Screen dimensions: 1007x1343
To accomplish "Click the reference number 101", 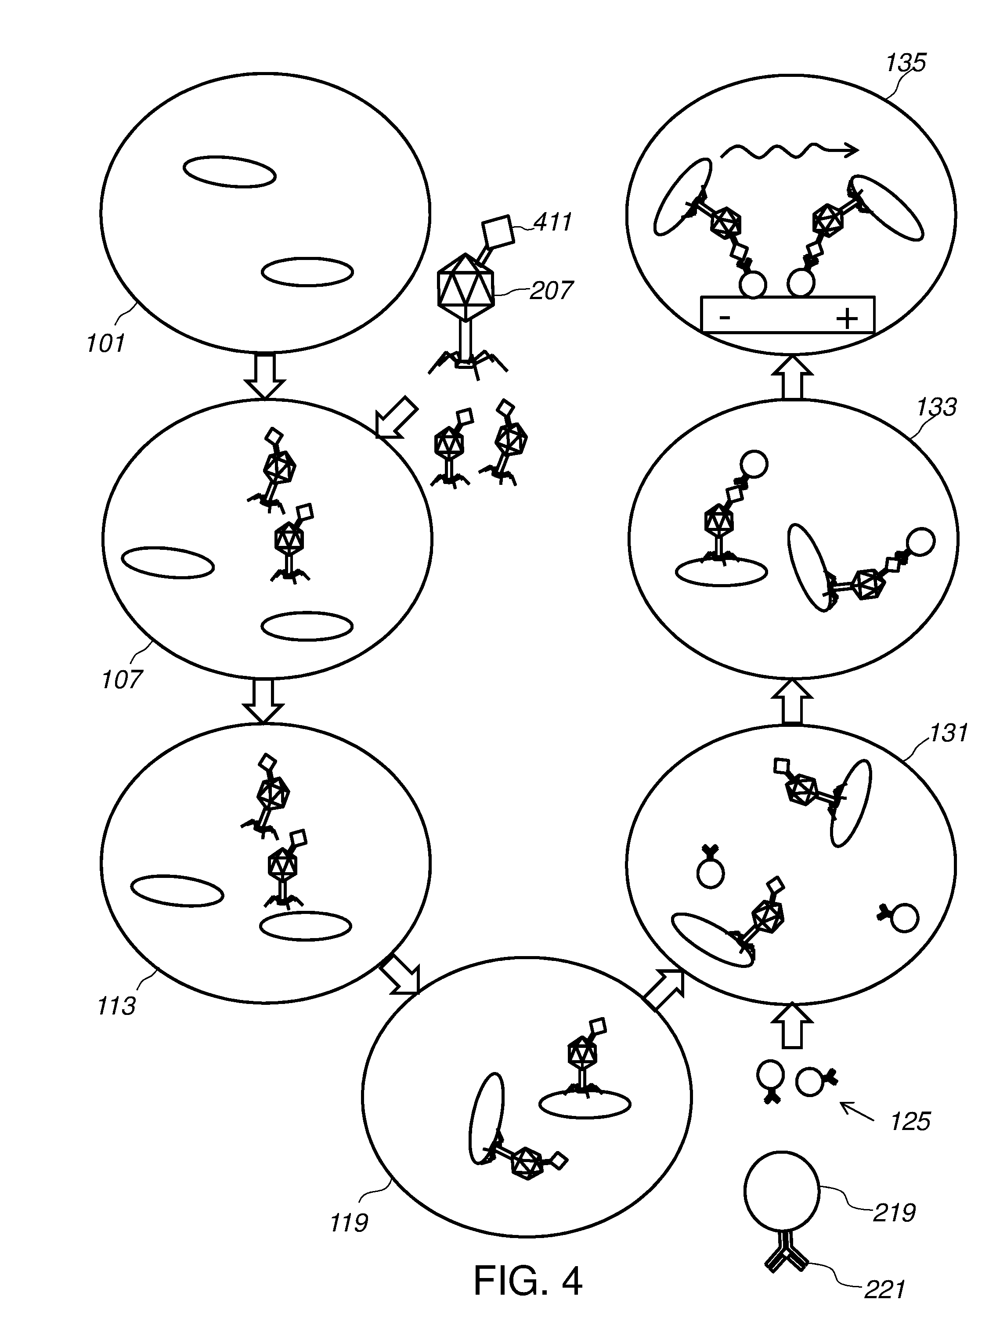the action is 105,343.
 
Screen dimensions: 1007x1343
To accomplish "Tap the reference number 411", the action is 553,222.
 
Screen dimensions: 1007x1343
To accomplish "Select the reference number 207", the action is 551,291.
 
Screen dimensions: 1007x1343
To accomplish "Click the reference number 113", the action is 116,1006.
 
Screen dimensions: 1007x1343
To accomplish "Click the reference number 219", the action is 894,1213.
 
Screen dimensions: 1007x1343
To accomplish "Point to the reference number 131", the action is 948,733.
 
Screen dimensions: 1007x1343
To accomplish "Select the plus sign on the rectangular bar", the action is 847,318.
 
